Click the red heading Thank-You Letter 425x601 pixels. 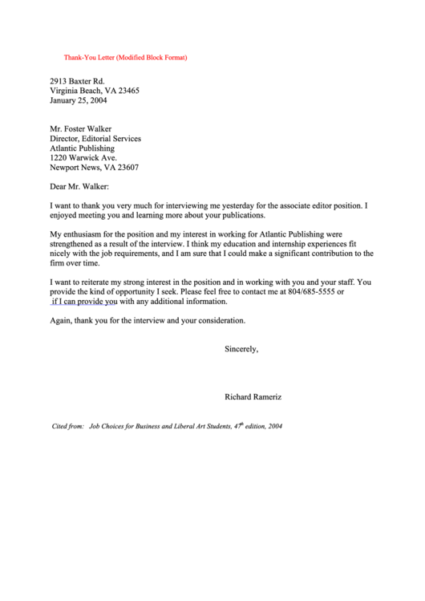tap(126, 58)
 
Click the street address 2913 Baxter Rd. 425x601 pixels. tap(77, 81)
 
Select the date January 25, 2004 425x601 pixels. tap(79, 100)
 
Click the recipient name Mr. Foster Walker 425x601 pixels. tap(81, 128)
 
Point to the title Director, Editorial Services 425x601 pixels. tap(95, 138)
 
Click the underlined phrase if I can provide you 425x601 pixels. tap(83, 302)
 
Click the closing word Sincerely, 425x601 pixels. tap(241, 349)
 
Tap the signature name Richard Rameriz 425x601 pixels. tap(253, 396)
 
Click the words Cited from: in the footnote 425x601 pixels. tap(68, 426)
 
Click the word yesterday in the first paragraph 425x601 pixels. tap(225, 205)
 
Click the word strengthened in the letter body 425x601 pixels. tap(75, 244)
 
